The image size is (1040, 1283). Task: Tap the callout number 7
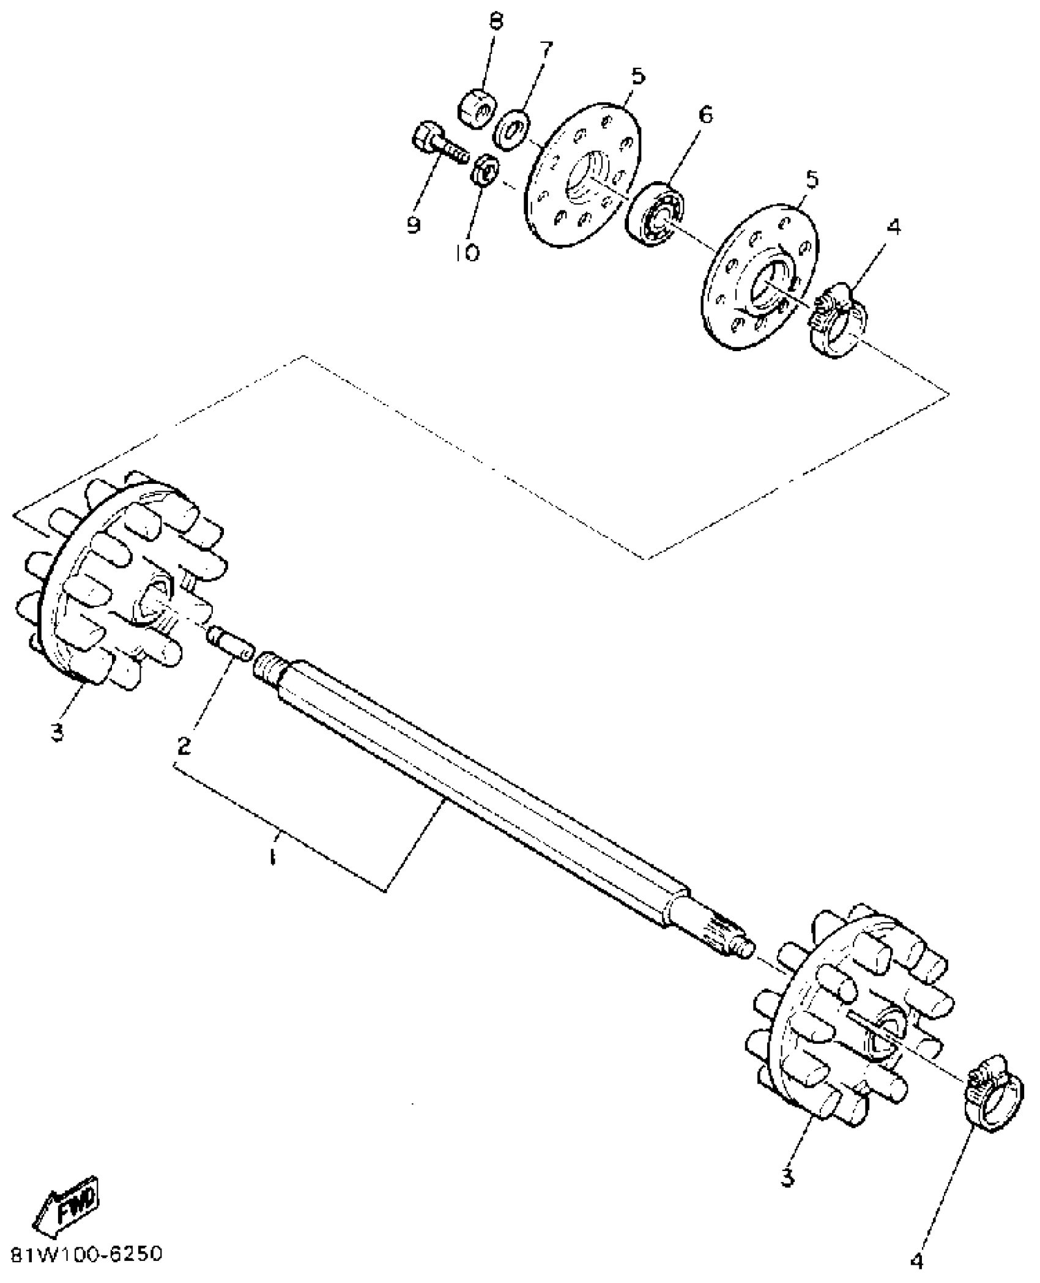pos(545,48)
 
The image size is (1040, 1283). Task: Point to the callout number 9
pos(414,226)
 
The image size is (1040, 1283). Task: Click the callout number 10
pos(467,251)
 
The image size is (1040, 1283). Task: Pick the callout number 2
pos(184,745)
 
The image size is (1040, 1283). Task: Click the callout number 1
pos(272,857)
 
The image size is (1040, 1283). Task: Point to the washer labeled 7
pos(513,129)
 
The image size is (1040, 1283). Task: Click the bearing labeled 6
pos(656,214)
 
